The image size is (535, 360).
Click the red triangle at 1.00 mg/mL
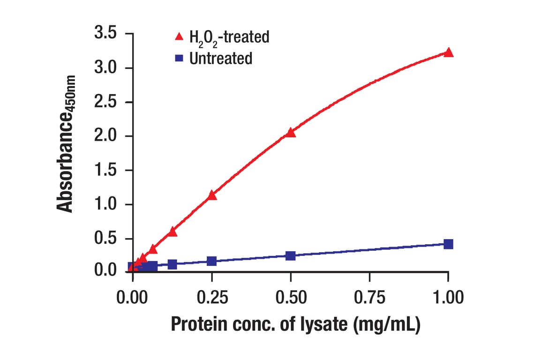tap(448, 52)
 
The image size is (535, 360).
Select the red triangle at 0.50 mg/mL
tap(291, 133)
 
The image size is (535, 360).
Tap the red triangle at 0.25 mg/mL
tap(212, 195)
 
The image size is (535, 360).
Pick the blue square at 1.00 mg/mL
tap(448, 244)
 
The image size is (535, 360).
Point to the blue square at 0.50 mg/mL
tap(291, 255)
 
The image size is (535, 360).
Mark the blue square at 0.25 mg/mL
tap(212, 261)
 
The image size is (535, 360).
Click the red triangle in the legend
tap(179, 36)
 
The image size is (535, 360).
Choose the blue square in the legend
tap(179, 59)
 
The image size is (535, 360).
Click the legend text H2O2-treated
tap(229, 37)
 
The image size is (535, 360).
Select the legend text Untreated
tap(221, 59)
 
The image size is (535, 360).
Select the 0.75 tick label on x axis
tap(369, 297)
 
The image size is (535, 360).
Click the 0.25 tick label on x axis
tap(212, 297)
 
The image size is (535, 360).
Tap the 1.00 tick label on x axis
tap(448, 297)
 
